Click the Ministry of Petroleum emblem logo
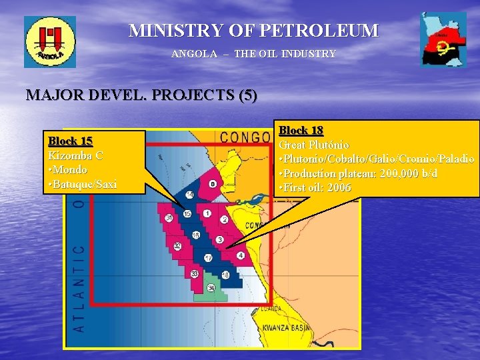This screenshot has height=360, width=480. pos(50,42)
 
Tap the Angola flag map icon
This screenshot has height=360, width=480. pos(443,39)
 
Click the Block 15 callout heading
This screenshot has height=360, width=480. pos(70,141)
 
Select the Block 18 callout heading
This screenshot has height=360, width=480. pos(301,130)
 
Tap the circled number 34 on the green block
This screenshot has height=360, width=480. pos(211,288)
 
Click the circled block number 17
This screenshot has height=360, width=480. pos(208,258)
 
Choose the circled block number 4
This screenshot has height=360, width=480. pos(241,255)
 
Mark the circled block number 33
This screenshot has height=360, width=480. pos(194,274)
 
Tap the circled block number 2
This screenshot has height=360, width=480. pos(225,219)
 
